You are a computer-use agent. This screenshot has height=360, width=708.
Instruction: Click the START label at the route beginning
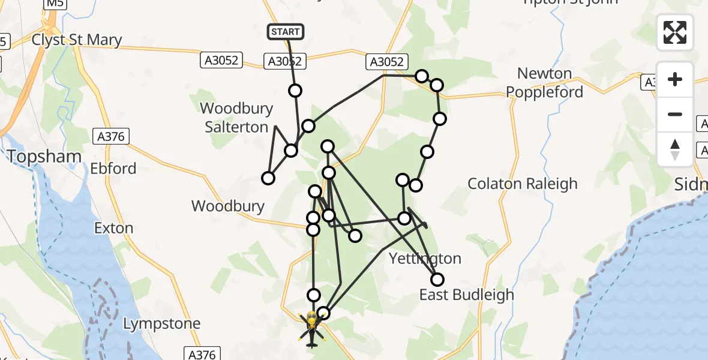(x=286, y=32)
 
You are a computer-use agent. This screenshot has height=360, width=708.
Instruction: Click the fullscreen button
(x=675, y=32)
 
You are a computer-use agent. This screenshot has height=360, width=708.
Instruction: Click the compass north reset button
(x=675, y=149)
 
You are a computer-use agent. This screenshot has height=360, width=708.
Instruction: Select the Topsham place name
(x=44, y=157)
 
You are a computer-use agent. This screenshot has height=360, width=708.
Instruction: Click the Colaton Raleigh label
(x=522, y=184)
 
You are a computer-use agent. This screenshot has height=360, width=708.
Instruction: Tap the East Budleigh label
(x=466, y=295)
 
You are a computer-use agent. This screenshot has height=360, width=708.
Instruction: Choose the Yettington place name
(x=425, y=259)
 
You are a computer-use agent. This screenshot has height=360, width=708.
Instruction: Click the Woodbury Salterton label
(x=236, y=118)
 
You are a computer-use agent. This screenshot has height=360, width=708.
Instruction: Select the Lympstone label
(x=161, y=324)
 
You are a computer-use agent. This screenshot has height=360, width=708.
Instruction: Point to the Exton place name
(x=113, y=228)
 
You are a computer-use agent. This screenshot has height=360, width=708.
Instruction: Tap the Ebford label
(x=113, y=168)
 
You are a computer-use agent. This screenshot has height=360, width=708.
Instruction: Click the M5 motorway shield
(x=55, y=4)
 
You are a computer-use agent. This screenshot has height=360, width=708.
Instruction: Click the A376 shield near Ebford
(x=111, y=137)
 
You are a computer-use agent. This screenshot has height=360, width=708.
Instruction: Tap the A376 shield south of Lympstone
(x=202, y=354)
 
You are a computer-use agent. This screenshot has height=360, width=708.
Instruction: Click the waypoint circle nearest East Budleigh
(x=437, y=280)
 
